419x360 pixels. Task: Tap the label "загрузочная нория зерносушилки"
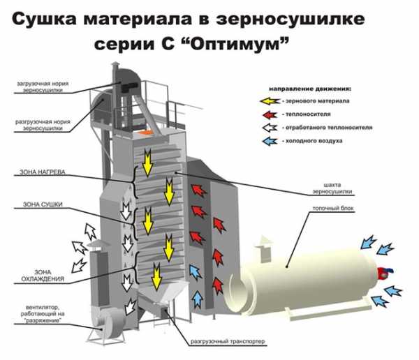pos(43,87)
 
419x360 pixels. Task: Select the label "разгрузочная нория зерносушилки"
pos(43,125)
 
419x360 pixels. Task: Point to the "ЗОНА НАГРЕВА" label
pos(42,172)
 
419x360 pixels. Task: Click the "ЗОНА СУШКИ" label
pos(43,204)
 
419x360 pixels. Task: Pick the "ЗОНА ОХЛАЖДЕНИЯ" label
pos(43,276)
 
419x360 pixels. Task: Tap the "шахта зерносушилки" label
pos(332,188)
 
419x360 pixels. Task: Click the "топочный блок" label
pos(333,208)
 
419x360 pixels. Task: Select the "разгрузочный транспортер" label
pos(228,341)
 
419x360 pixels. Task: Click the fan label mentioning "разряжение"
pos(43,313)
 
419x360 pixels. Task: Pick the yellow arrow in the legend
pos(270,101)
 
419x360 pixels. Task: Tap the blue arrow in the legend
pos(270,141)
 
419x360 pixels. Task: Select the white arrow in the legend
pos(270,128)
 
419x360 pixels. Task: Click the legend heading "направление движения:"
pos(309,89)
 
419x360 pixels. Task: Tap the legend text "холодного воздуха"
pos(314,141)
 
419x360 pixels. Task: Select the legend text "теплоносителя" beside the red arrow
pos(308,114)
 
